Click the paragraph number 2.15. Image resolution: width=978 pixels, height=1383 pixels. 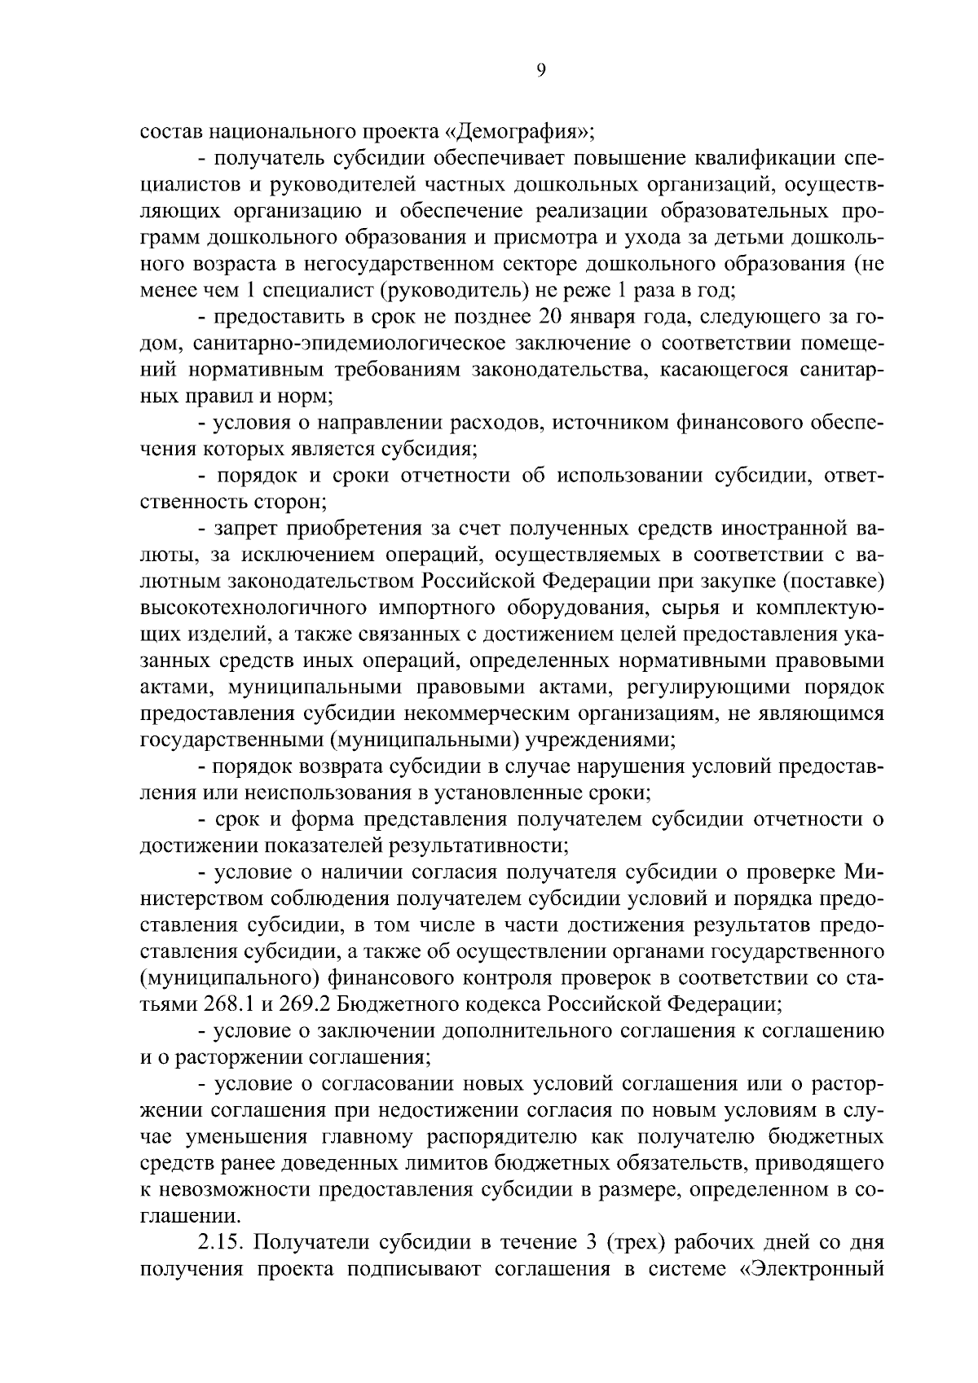click(x=222, y=1242)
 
